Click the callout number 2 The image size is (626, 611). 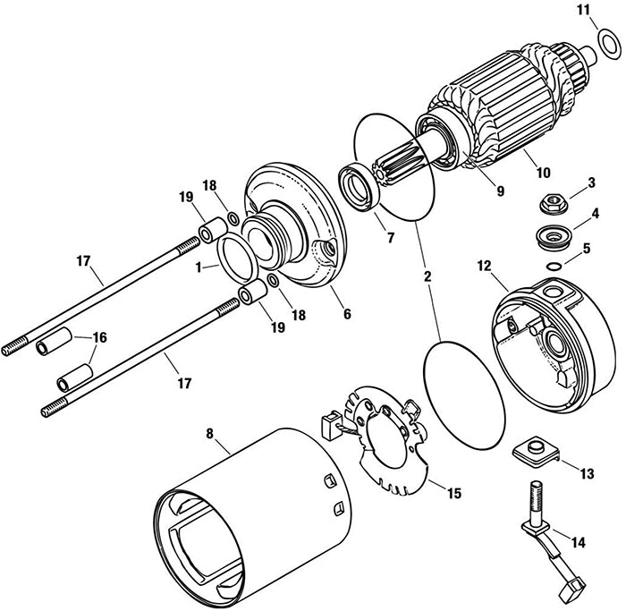(427, 276)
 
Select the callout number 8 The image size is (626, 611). (211, 434)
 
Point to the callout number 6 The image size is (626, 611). (346, 315)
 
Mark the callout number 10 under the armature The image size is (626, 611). (544, 170)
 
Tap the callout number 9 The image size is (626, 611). (500, 190)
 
